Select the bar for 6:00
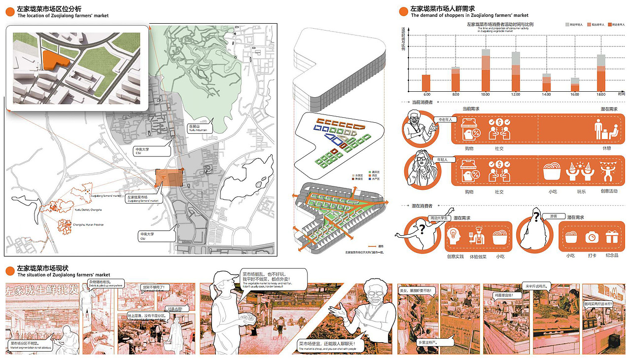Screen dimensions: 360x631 coord(426,83)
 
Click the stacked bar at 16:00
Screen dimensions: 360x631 coord(575,85)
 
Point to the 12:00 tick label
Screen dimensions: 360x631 coord(516,94)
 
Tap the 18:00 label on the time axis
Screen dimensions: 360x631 coord(601,94)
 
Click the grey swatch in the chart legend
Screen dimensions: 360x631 coord(567,24)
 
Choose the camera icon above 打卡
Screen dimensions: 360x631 coord(591,237)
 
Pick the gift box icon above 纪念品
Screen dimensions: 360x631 coord(612,237)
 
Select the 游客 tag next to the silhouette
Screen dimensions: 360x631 coord(550,216)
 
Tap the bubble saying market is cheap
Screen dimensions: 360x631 coord(326,346)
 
